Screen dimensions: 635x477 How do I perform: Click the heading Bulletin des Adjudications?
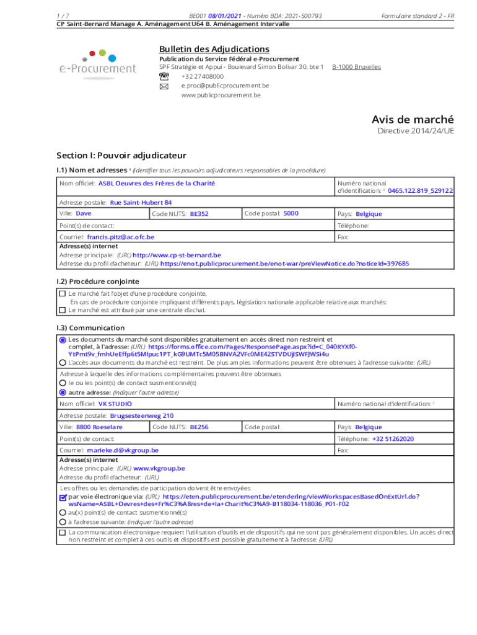coord(214,49)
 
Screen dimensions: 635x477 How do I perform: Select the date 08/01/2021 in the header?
coord(225,16)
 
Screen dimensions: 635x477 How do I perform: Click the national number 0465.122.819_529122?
coord(420,191)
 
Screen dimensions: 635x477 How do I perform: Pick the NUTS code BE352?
coord(199,214)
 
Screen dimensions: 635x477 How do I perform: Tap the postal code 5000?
coord(291,213)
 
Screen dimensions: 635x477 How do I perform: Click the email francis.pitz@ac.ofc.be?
coord(120,237)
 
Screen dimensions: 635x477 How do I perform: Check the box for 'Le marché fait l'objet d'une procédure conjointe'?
coord(62,293)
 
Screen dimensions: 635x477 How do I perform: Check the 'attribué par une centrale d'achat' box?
coord(62,309)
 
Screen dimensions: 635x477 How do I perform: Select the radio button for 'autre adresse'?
coord(63,393)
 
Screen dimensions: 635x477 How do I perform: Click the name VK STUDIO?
coord(115,404)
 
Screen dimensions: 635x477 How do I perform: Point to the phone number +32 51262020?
coord(393,439)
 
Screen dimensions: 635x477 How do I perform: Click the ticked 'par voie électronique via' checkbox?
coord(63,497)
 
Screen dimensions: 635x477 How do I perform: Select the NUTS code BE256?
coord(199,427)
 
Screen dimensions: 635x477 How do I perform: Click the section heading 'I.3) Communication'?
coord(90,327)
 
